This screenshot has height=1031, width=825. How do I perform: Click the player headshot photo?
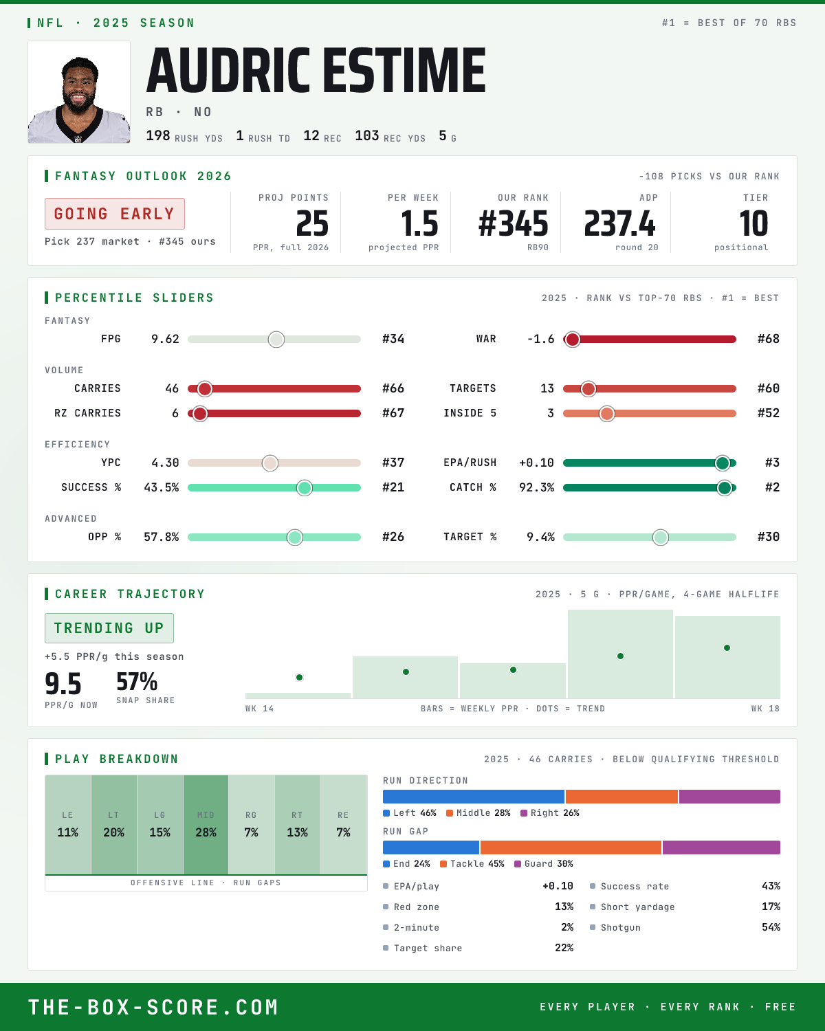[x=79, y=92]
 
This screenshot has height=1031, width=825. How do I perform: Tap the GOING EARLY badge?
[x=115, y=214]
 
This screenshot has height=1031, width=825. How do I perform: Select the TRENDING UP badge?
[x=109, y=628]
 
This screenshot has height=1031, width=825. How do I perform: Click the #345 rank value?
[x=513, y=224]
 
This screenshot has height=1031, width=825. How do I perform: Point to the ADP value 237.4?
[x=619, y=224]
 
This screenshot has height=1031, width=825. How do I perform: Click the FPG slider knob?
[x=276, y=339]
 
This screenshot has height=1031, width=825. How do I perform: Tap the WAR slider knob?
[x=572, y=339]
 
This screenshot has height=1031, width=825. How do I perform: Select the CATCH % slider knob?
[x=725, y=488]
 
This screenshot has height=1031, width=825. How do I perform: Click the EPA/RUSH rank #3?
[x=772, y=463]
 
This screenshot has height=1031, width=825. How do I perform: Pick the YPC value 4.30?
[x=165, y=463]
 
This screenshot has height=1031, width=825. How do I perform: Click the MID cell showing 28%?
[x=206, y=825]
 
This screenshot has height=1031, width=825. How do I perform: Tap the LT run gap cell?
[x=113, y=825]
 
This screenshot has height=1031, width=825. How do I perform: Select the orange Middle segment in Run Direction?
[x=621, y=797]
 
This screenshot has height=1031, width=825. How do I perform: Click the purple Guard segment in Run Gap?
[x=721, y=847]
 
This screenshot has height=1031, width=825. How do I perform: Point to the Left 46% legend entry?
[x=410, y=813]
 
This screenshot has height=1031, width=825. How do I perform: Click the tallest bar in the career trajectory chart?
[x=620, y=654]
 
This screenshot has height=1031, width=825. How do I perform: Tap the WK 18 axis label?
[x=765, y=709]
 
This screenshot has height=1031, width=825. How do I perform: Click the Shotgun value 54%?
[x=771, y=927]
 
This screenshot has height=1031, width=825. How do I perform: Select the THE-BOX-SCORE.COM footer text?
[x=153, y=1008]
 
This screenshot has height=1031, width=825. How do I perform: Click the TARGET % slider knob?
[x=661, y=537]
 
